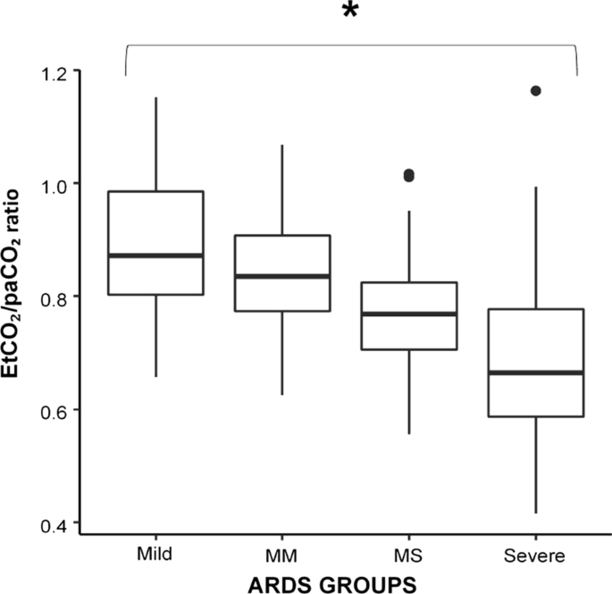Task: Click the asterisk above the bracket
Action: click(x=349, y=17)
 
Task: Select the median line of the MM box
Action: click(x=282, y=276)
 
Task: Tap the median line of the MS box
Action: click(x=409, y=314)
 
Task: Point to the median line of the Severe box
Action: click(x=535, y=372)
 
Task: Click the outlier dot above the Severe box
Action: click(x=535, y=90)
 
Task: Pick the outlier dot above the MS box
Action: click(x=409, y=176)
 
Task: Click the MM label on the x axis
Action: click(x=282, y=556)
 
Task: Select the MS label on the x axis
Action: click(x=409, y=556)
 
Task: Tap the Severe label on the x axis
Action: click(x=535, y=556)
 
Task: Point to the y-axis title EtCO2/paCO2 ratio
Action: click(x=19, y=294)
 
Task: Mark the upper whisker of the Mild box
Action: click(x=156, y=143)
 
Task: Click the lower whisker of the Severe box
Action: click(x=535, y=464)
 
